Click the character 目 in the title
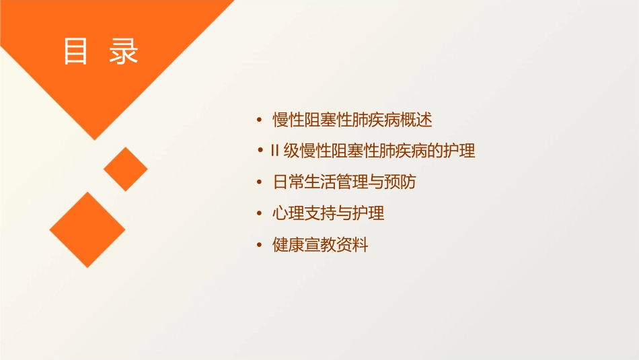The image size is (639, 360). pos(75,52)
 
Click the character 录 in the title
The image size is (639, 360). pos(124,52)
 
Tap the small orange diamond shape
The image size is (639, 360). pos(126,169)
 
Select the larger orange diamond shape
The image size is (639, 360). pos(87,229)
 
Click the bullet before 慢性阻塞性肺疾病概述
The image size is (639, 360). pos(260,120)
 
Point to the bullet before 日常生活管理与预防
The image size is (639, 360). pos(260,182)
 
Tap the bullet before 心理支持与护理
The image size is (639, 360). pos(260,214)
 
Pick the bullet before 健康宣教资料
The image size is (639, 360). pos(260,246)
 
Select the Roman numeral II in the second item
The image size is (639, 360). pos(274,151)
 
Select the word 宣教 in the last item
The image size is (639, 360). pos(320,246)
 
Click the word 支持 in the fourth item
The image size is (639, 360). pos(320,214)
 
